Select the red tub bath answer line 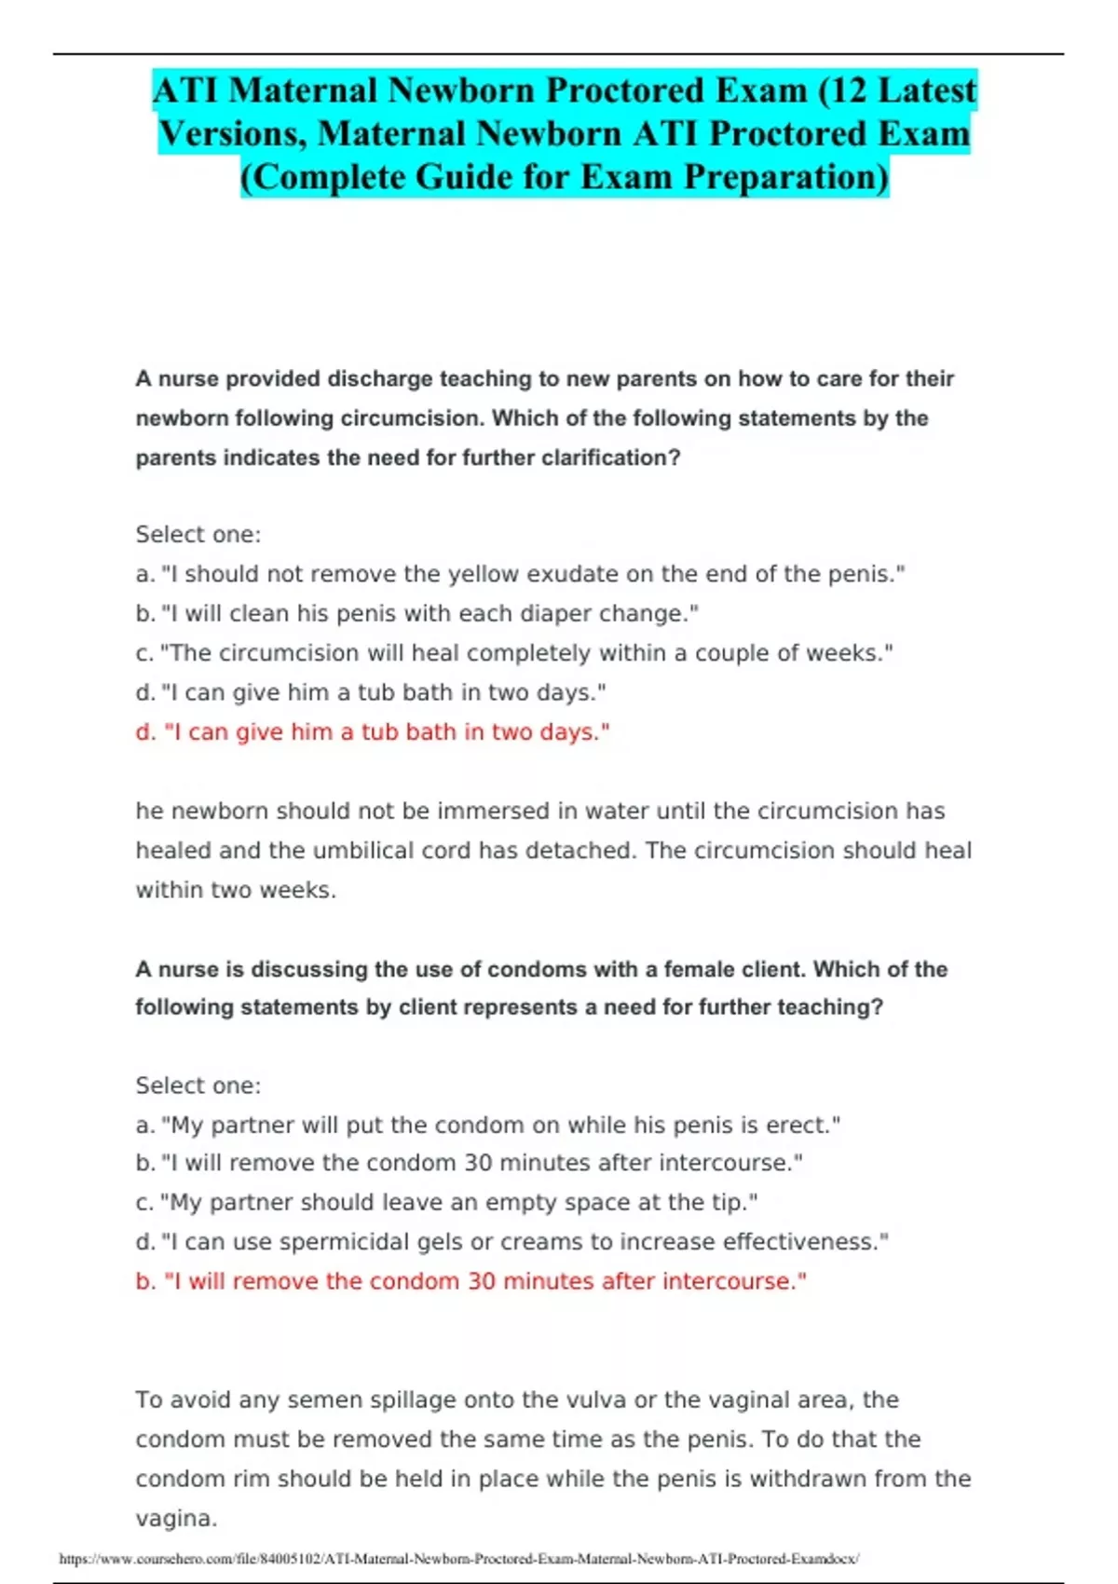pyautogui.click(x=373, y=732)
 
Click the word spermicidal pyautogui.click(x=354, y=1242)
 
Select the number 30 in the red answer pyautogui.click(x=482, y=1282)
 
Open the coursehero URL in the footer pyautogui.click(x=458, y=1559)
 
